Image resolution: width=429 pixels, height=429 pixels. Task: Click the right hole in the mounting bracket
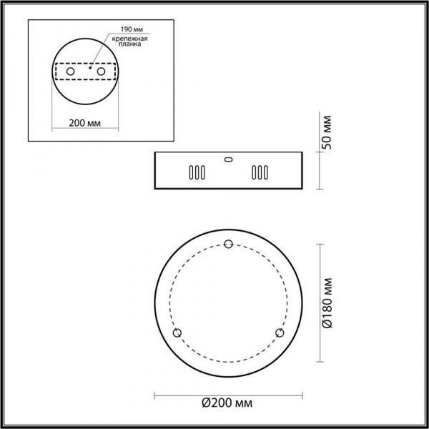(102, 73)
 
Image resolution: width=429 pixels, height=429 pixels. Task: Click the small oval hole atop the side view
(228, 159)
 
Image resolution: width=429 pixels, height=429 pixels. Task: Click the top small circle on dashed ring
(229, 245)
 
